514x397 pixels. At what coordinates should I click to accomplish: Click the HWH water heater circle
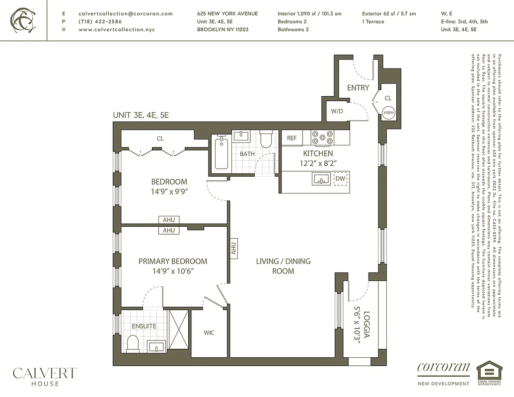tap(388, 112)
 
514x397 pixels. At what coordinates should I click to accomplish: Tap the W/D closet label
tap(337, 111)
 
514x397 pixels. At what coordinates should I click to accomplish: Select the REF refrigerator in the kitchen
tap(292, 138)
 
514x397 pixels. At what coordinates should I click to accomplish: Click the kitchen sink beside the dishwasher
tap(322, 179)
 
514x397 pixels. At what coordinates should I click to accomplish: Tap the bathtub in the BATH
tap(221, 153)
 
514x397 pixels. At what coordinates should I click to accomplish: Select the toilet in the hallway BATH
tap(266, 139)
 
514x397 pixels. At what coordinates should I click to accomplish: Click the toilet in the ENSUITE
tap(133, 343)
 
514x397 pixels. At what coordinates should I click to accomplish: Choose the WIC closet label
tap(209, 332)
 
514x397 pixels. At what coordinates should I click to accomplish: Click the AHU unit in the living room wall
tap(233, 247)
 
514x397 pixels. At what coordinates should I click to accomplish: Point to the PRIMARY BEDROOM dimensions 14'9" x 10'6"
tap(173, 271)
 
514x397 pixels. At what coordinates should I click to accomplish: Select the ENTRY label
tap(358, 88)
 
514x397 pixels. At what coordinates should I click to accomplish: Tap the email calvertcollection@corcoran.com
tap(126, 13)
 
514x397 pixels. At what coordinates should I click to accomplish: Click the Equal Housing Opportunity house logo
tap(489, 373)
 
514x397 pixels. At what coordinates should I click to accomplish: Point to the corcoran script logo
tap(443, 368)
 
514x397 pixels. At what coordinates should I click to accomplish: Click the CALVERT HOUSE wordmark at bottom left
tap(45, 376)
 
